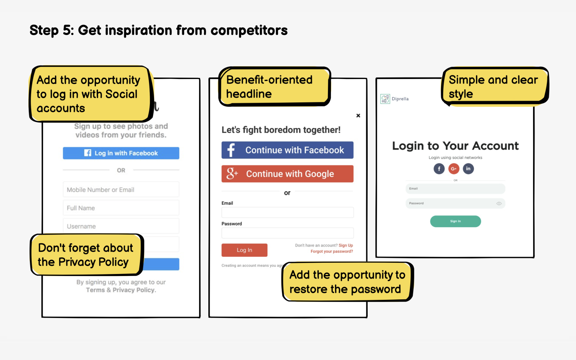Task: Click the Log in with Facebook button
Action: [x=121, y=153]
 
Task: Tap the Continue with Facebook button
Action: [x=287, y=150]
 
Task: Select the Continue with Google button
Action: [x=287, y=174]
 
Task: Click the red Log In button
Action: [x=244, y=250]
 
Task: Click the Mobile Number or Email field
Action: [x=121, y=190]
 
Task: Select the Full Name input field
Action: [x=121, y=208]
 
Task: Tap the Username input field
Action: [x=121, y=226]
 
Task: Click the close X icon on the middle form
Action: [x=358, y=116]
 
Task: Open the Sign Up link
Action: [x=346, y=245]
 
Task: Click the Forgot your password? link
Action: [x=332, y=251]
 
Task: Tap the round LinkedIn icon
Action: [x=468, y=169]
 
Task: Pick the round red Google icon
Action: [x=454, y=169]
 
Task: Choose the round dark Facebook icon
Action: [x=439, y=169]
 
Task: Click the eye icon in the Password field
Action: [x=499, y=203]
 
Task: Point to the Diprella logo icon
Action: [x=385, y=99]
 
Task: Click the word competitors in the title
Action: [x=249, y=31]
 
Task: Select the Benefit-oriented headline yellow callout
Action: [x=274, y=87]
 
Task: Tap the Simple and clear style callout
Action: [x=494, y=87]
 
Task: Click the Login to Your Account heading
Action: [x=455, y=146]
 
